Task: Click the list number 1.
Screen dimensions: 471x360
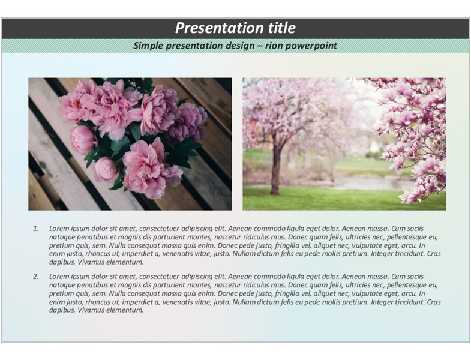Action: point(36,229)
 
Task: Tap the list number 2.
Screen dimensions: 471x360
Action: point(36,277)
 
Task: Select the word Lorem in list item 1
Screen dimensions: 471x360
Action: point(57,229)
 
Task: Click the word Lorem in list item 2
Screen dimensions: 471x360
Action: point(57,277)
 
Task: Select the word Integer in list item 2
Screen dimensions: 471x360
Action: point(382,302)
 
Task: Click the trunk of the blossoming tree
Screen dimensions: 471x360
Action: point(275,168)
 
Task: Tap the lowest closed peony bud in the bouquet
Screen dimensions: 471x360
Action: point(106,169)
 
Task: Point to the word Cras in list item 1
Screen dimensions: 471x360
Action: point(434,254)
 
